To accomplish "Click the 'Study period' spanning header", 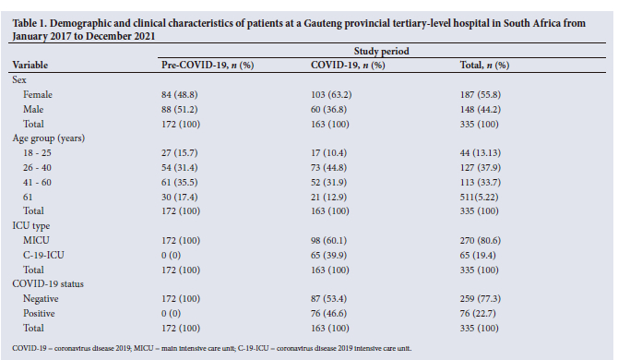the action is point(381,51).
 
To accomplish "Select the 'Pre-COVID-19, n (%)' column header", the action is point(208,66).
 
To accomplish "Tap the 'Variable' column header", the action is point(30,66).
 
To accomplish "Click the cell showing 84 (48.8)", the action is point(179,94).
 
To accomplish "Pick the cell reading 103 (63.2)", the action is point(331,94).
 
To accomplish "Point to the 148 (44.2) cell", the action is point(481,110).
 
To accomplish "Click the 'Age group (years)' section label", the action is point(49,138).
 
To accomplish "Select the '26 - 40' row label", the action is point(37,168).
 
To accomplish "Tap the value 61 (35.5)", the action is point(179,183).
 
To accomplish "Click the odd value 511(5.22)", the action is point(479,198).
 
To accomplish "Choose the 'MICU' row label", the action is point(36,241).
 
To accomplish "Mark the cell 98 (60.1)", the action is point(328,241).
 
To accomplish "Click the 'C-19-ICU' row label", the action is point(43,255).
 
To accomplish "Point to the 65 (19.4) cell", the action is point(478,256).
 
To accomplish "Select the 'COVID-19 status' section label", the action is point(48,284).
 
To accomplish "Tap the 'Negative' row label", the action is point(41,299).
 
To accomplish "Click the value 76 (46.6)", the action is point(328,313).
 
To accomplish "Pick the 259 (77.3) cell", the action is point(481,299).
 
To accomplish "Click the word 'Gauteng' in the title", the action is point(322,23).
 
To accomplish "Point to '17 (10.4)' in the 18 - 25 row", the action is point(328,153).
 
